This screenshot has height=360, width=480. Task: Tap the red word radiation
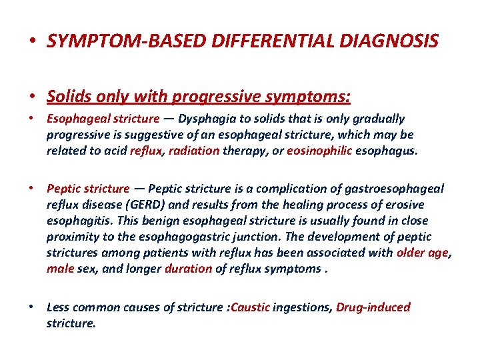click(194, 151)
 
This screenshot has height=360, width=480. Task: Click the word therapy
click(242, 151)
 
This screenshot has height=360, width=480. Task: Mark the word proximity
click(73, 237)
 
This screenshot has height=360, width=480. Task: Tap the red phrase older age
click(423, 253)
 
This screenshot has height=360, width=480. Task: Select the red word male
click(60, 269)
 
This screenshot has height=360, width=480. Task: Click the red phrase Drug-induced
click(373, 307)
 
